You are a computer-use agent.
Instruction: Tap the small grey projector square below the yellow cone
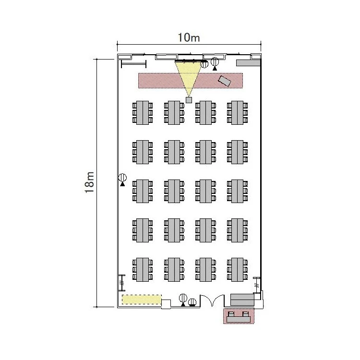[x=189, y=100]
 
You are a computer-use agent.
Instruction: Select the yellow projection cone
[x=188, y=74]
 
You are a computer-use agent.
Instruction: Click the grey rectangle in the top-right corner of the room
[x=248, y=63]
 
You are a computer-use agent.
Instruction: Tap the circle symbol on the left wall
[x=122, y=178]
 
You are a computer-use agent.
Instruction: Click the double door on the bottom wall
[x=212, y=301]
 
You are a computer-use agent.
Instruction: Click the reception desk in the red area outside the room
[x=239, y=316]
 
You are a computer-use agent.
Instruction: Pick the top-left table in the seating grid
[x=142, y=112]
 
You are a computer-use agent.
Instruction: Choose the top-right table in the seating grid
[x=238, y=112]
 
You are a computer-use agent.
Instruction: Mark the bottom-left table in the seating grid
[x=142, y=269]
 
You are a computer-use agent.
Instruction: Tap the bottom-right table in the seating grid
[x=238, y=269]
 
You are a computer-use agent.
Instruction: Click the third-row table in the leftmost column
[x=142, y=191]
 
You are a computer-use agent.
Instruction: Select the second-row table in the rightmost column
[x=238, y=152]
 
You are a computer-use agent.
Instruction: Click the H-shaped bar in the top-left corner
[x=133, y=64]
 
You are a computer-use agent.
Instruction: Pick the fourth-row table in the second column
[x=174, y=230]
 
